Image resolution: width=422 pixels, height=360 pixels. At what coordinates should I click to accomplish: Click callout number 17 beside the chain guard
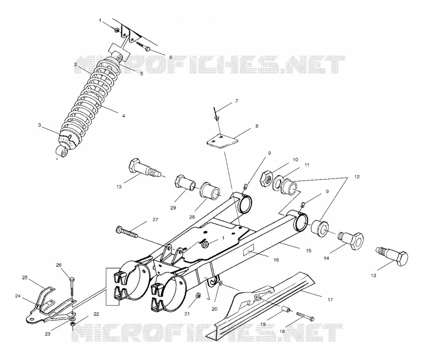(330, 299)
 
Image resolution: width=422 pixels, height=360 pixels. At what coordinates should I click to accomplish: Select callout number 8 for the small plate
(257, 126)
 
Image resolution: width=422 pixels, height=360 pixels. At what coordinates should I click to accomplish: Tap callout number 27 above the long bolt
(155, 220)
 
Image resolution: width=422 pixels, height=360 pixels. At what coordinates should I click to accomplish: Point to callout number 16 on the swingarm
(276, 260)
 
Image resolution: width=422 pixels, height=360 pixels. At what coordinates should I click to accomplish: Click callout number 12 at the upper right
(357, 177)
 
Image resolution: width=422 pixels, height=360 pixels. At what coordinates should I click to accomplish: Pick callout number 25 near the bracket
(25, 278)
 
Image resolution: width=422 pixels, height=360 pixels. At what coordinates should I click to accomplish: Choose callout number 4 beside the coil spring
(123, 116)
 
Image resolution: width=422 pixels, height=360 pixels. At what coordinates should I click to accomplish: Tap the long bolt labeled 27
(127, 233)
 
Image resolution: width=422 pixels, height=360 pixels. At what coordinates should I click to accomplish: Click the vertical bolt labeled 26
(72, 286)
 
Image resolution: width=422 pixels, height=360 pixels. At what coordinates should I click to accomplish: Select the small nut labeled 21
(197, 295)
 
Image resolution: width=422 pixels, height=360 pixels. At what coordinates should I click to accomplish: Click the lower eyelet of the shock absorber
(62, 152)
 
